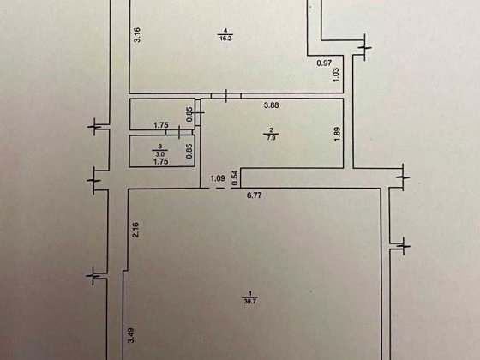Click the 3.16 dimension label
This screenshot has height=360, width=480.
coord(137,35)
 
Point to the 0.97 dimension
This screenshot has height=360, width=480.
coord(324,63)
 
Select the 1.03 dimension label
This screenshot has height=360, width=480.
coord(336,75)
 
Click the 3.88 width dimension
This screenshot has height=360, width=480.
coord(271,105)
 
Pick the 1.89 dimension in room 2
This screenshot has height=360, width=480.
coord(337,134)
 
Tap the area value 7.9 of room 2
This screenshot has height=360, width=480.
coord(271,137)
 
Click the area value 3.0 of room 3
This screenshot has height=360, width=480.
coord(159,153)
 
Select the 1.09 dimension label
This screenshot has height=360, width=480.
coord(218,178)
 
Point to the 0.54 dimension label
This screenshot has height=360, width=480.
coord(235,178)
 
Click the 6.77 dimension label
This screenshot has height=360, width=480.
coord(255,195)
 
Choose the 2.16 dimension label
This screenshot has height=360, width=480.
coord(135,230)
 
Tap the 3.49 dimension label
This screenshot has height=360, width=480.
coord(131,335)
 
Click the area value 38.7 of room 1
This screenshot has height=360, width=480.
coord(250,301)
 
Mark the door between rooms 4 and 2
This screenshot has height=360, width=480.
coord(226,96)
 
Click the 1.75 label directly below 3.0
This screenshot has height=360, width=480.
coord(161,161)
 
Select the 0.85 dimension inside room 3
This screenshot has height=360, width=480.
coord(189,151)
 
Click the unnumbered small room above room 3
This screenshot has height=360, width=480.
coord(162,114)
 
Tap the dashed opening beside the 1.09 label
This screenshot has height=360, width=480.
coord(219,188)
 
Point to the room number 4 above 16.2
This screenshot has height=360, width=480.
coord(225,30)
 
